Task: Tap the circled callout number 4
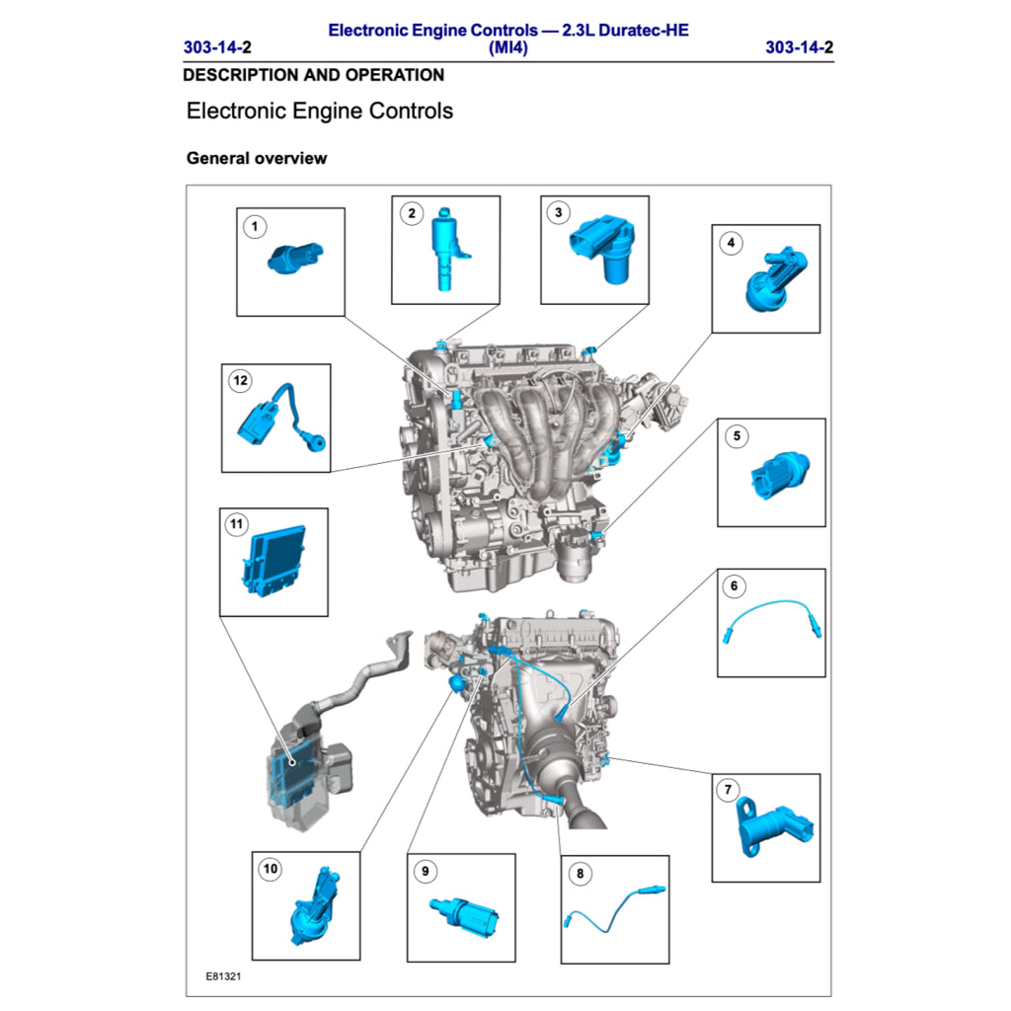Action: click(731, 243)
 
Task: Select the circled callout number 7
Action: click(728, 790)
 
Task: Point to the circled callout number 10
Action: click(270, 869)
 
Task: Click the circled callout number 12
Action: click(239, 380)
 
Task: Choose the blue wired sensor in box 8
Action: click(614, 906)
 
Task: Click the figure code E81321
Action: click(224, 976)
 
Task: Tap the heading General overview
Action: click(257, 158)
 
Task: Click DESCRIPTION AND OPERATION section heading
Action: click(313, 75)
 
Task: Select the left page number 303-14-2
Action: click(217, 47)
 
